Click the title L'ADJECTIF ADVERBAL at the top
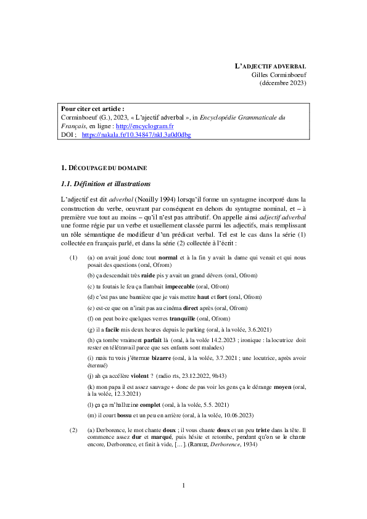[271, 66]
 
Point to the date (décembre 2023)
[282, 83]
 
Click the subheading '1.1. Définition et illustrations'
[105, 184]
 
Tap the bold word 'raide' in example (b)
[148, 276]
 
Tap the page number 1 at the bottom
[183, 487]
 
